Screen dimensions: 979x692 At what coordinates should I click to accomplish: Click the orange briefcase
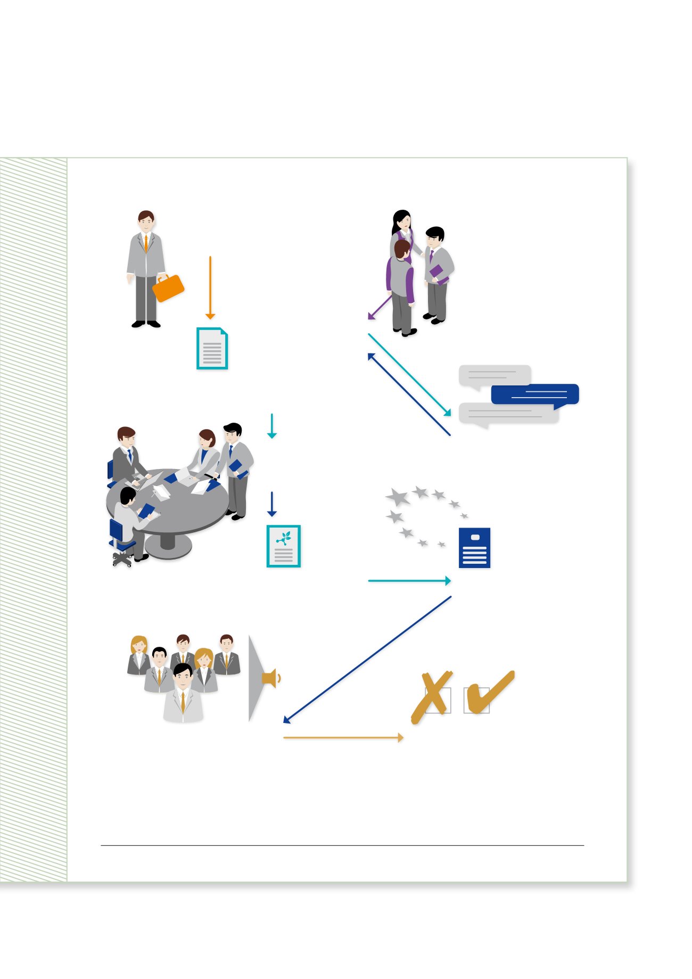coord(168,288)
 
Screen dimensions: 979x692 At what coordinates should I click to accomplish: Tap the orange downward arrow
coord(210,287)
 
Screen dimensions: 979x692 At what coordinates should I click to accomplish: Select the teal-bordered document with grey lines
coord(212,349)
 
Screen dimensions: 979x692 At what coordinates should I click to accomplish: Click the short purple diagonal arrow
coord(379,308)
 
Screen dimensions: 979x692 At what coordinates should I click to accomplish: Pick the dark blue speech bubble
coord(534,394)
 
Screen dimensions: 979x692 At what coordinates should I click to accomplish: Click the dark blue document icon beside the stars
coord(474,548)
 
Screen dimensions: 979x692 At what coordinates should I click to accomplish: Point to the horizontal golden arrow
coord(343,738)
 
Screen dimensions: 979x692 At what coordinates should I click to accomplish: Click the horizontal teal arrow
coord(409,581)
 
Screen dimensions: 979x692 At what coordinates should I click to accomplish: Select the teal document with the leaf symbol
coord(284,546)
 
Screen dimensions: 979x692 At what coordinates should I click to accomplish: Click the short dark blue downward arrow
coord(272,504)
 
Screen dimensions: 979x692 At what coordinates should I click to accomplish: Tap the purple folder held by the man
coord(438,273)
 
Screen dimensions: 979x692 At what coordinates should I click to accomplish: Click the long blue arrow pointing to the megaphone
coord(367,660)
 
